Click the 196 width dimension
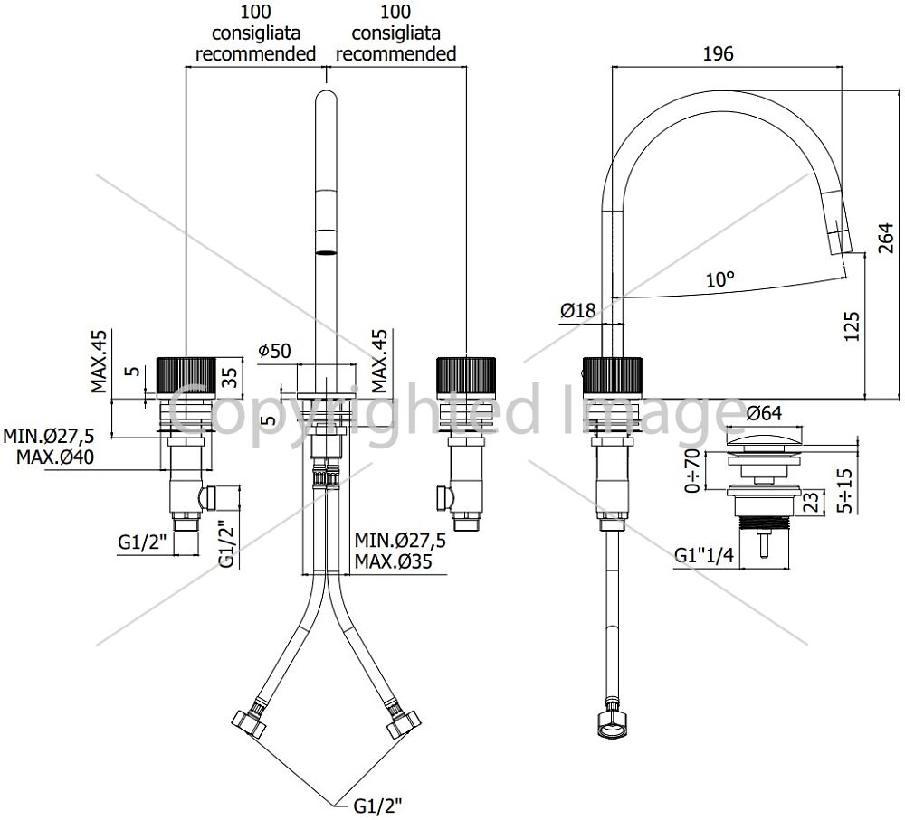coord(718,53)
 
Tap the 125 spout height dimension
coord(852,326)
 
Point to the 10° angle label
coord(720,279)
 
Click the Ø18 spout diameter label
coord(577,310)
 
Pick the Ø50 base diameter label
coord(275,350)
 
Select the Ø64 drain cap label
coord(764,413)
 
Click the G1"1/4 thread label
coord(704,555)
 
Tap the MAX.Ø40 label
coord(55,457)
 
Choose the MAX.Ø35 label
coord(393,561)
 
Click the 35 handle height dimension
coord(230,378)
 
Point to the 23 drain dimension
coord(812,501)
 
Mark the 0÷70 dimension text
coord(692,470)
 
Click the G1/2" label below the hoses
coord(377,805)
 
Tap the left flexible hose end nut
coord(250,722)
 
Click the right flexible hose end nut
coord(404,722)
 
